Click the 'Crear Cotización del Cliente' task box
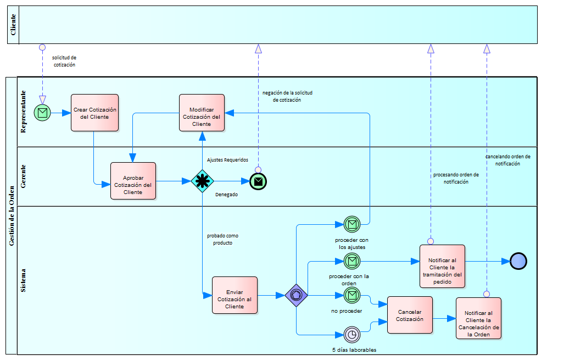[x=94, y=113]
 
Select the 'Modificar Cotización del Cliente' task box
[x=202, y=113]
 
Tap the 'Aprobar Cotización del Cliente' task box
[x=133, y=181]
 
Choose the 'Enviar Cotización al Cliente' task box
[x=235, y=295]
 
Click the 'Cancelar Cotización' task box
[x=410, y=315]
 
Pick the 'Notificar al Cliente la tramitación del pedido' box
[x=442, y=267]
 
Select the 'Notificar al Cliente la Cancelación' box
[x=478, y=318]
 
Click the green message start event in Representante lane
[x=42, y=113]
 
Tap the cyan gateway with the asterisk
[x=202, y=181]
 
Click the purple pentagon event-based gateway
[x=297, y=295]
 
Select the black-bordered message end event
[x=258, y=181]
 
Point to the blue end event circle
[x=518, y=261]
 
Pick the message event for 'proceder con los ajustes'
[x=352, y=224]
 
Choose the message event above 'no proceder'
[x=352, y=295]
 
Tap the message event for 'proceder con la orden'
[x=352, y=261]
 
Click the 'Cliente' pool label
[x=13, y=25]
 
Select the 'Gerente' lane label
[x=24, y=176]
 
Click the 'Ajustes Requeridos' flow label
[x=227, y=160]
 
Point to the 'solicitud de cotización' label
[x=64, y=61]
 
